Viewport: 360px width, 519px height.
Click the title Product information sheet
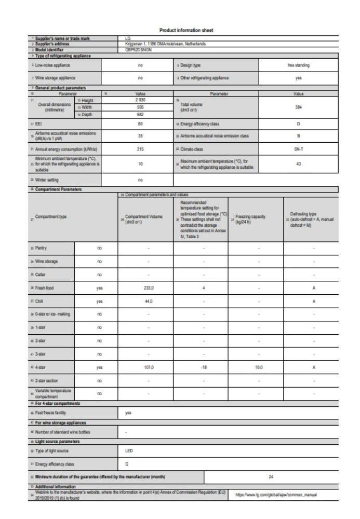click(180, 30)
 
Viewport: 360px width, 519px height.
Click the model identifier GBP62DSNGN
click(136, 50)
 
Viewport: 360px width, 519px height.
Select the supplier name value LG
click(128, 38)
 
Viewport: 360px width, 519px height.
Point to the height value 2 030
click(140, 99)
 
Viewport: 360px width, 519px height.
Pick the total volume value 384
click(298, 105)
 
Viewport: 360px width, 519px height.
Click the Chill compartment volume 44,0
click(148, 301)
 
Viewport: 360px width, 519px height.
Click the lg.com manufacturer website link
click(277, 495)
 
